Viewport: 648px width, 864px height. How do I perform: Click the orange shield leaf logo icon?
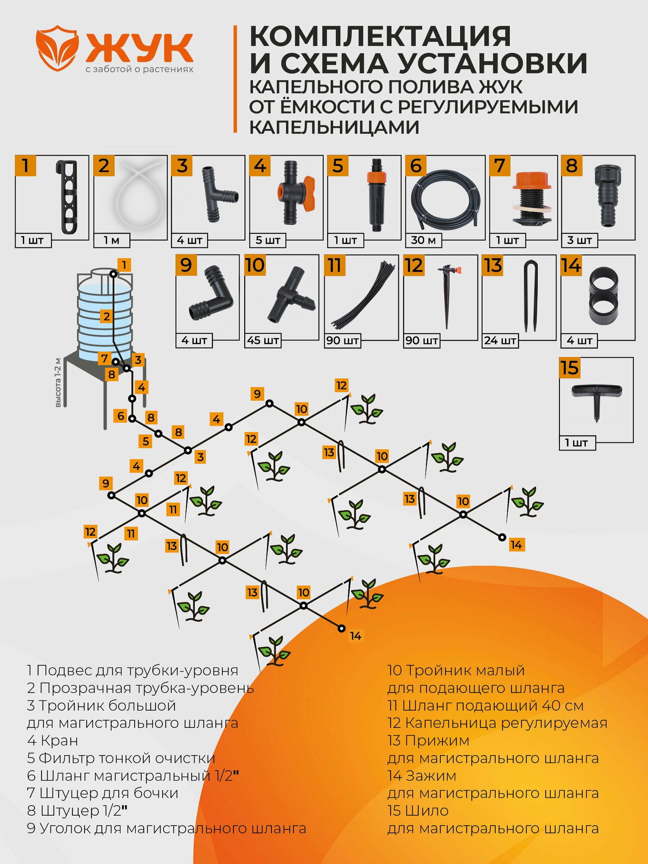[x=57, y=48]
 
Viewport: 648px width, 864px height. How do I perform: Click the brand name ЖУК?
[x=139, y=48]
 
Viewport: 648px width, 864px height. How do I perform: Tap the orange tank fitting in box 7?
[x=532, y=199]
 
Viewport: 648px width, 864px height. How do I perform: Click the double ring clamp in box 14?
[x=603, y=298]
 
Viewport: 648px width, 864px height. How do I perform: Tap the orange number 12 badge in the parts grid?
[x=414, y=265]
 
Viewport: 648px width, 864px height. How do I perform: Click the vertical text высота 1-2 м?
[x=58, y=383]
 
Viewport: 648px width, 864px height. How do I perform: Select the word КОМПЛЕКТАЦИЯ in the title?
[x=380, y=36]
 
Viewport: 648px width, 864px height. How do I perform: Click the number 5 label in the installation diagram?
[x=146, y=441]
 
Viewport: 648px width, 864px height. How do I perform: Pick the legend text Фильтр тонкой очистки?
[x=127, y=758]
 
